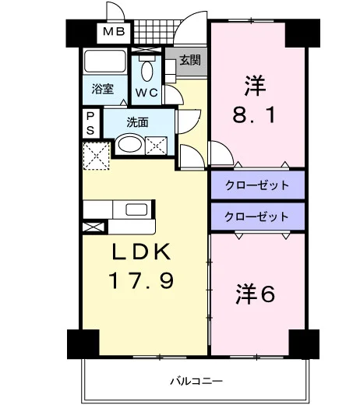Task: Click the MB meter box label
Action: pyautogui.click(x=114, y=32)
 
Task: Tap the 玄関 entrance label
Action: pyautogui.click(x=190, y=60)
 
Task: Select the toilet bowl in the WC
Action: pyautogui.click(x=146, y=70)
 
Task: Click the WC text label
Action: pyautogui.click(x=146, y=92)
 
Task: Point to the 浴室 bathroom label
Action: pyautogui.click(x=103, y=89)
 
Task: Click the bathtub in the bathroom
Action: pyautogui.click(x=105, y=62)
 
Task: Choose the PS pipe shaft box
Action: pyautogui.click(x=91, y=123)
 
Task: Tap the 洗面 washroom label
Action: pyautogui.click(x=137, y=122)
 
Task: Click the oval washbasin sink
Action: pyautogui.click(x=129, y=145)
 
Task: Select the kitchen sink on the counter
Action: pyautogui.click(x=136, y=210)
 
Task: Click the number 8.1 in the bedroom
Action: pyautogui.click(x=254, y=115)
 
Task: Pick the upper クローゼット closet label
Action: pyautogui.click(x=257, y=185)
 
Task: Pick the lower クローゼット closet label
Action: pyautogui.click(x=257, y=217)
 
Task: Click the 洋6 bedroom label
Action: pyautogui.click(x=256, y=294)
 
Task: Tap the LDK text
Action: pyautogui.click(x=141, y=252)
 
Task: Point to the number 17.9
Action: pyautogui.click(x=141, y=280)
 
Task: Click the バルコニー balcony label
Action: pyautogui.click(x=196, y=381)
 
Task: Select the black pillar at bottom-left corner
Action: pyautogui.click(x=83, y=344)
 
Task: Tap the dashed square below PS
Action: pyautogui.click(x=97, y=156)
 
